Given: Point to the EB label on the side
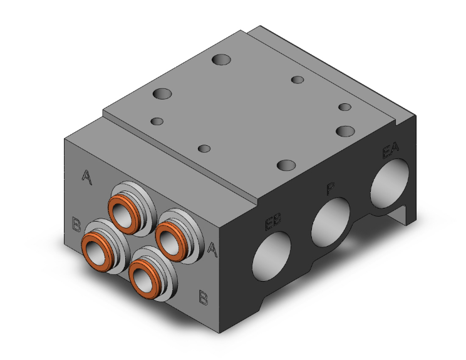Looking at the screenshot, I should click(x=273, y=222).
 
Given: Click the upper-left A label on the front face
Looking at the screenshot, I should click(x=88, y=177).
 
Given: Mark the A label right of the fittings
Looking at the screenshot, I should click(x=212, y=249).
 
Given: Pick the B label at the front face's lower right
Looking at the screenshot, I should click(x=203, y=296).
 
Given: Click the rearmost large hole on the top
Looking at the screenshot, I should click(x=220, y=60).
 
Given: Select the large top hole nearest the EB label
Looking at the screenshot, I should click(x=286, y=165).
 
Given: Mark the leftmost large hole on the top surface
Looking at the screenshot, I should click(x=162, y=95).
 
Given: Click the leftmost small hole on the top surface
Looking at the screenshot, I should click(x=158, y=121).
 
